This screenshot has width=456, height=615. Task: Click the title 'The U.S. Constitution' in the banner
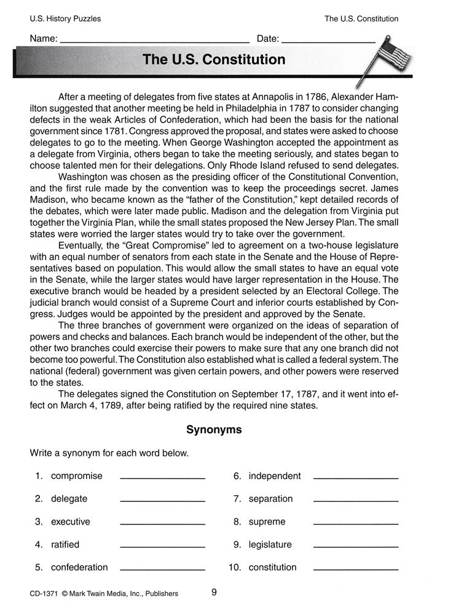pyautogui.click(x=214, y=60)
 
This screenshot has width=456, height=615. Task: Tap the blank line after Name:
pyautogui.click(x=154, y=39)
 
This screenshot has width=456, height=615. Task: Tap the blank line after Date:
pyautogui.click(x=331, y=39)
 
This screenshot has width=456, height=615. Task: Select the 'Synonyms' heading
pyautogui.click(x=214, y=430)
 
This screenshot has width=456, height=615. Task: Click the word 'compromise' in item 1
pyautogui.click(x=77, y=475)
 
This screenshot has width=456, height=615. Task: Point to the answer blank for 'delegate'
pyautogui.click(x=162, y=500)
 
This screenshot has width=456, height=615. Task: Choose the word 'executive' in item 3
pyautogui.click(x=70, y=522)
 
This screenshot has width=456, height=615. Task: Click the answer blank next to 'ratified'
pyautogui.click(x=162, y=546)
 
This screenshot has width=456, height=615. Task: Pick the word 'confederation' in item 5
pyautogui.click(x=79, y=567)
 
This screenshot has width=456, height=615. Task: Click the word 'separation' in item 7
pyautogui.click(x=270, y=499)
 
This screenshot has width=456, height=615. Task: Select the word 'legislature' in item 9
pyautogui.click(x=270, y=544)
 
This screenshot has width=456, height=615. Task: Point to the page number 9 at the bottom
pyautogui.click(x=213, y=593)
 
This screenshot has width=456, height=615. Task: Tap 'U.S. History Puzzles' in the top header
pyautogui.click(x=65, y=19)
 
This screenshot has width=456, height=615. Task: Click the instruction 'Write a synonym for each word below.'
pyautogui.click(x=109, y=453)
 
